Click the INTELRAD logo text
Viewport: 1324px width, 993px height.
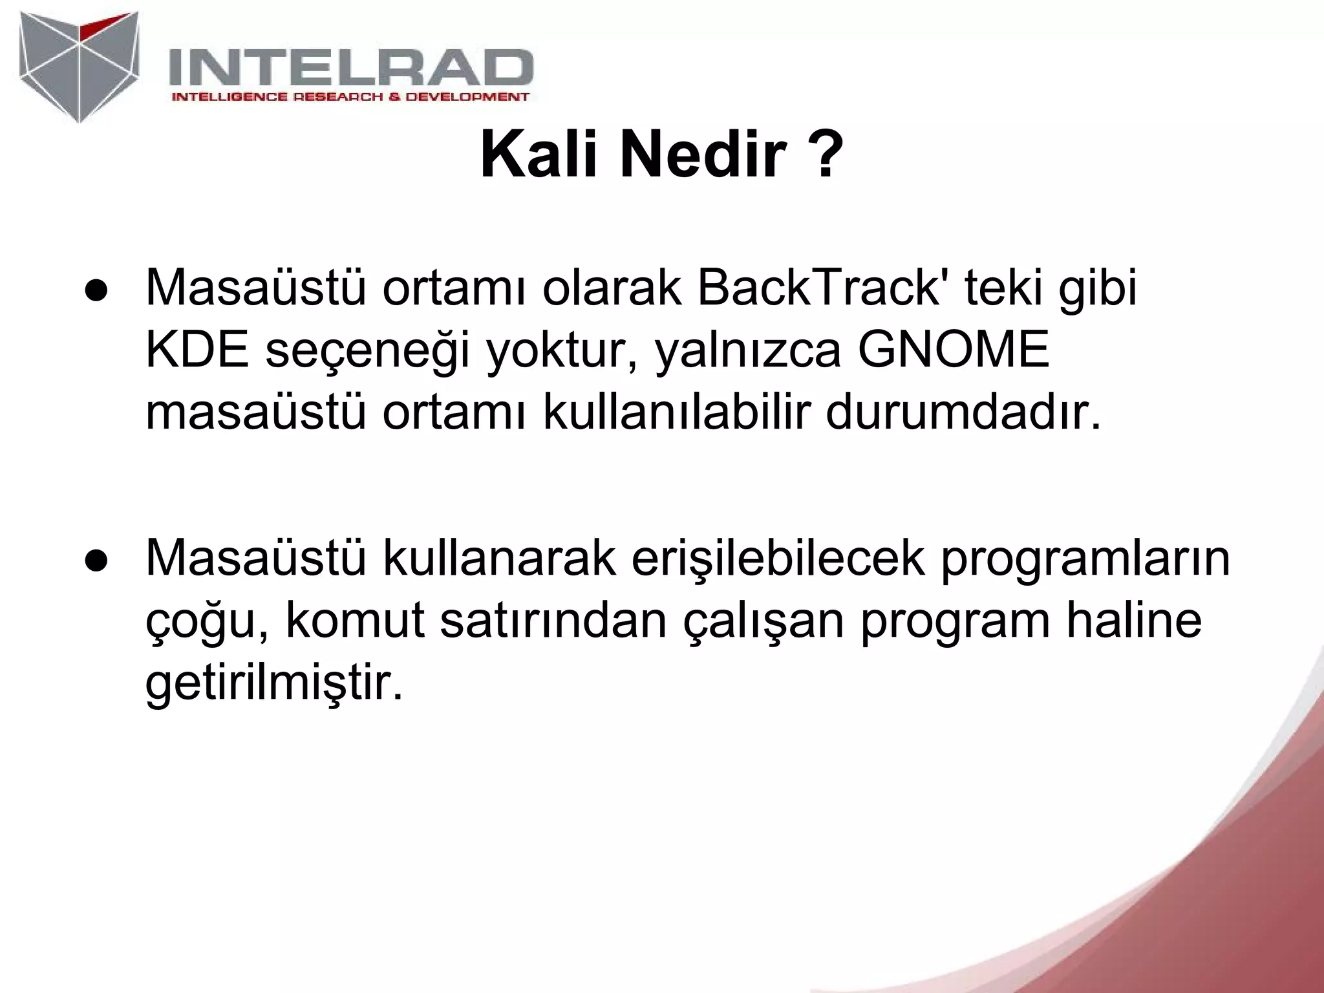pos(351,68)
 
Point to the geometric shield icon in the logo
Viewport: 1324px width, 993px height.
pos(80,65)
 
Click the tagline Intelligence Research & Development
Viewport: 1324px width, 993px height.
pos(350,98)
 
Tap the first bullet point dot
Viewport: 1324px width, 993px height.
pos(94,291)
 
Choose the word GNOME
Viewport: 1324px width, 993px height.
pos(953,350)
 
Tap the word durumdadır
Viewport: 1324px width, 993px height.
pos(963,412)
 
